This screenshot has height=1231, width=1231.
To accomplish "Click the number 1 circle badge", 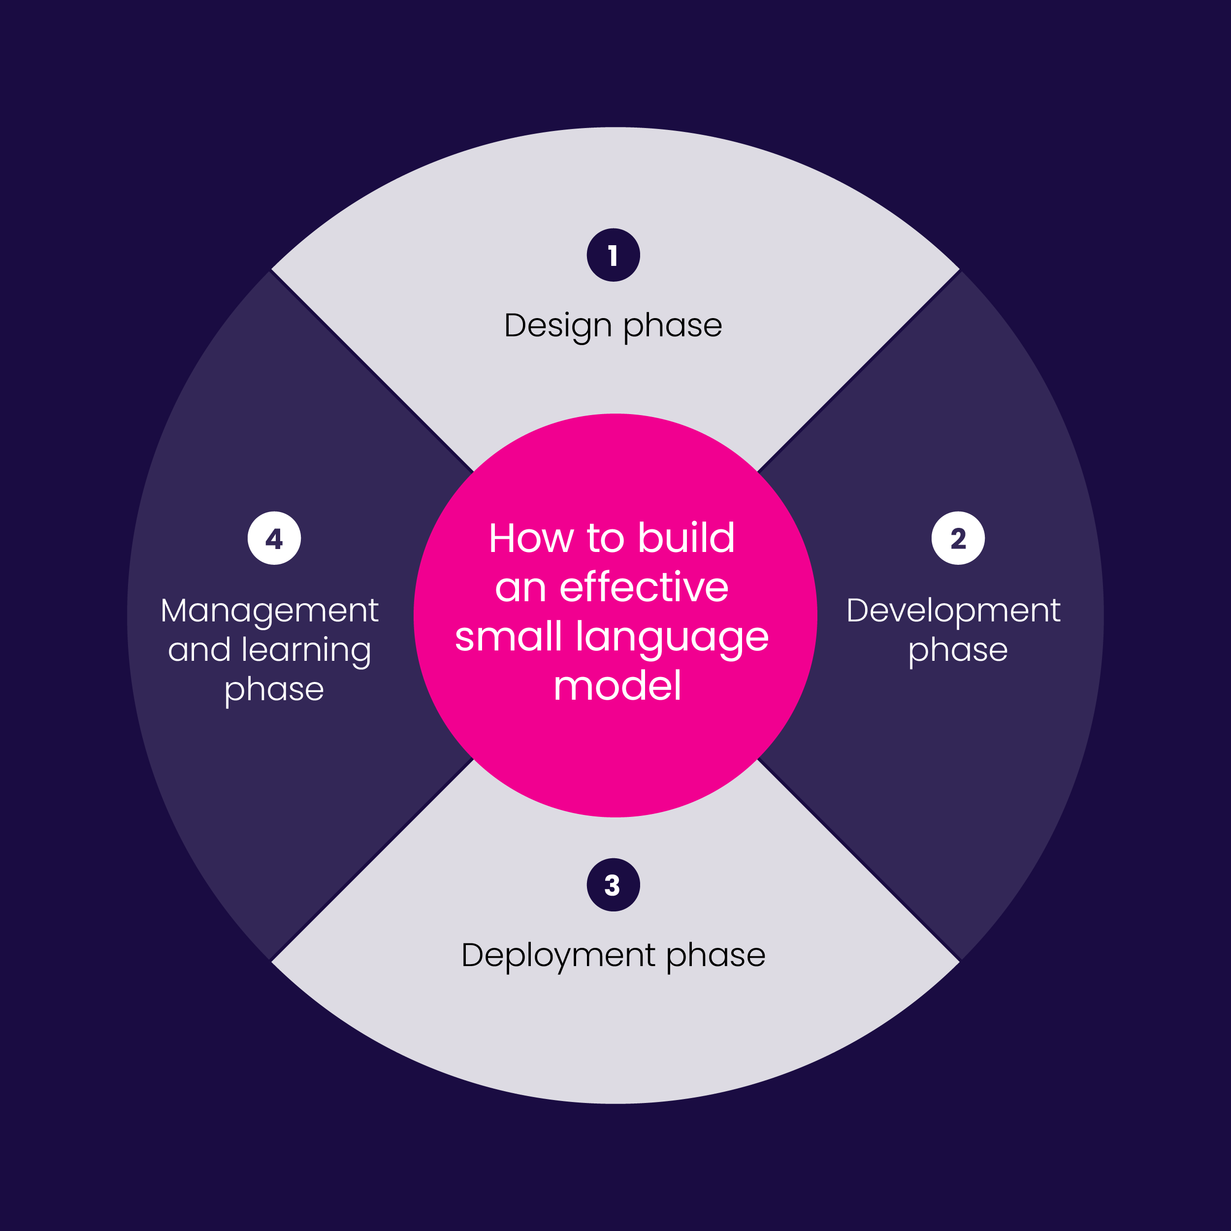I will coord(613,255).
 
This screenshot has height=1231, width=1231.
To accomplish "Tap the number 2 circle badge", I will coord(958,538).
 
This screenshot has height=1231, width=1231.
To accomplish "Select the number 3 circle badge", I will coord(613,885).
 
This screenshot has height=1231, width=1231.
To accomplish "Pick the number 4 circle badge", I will coord(274,538).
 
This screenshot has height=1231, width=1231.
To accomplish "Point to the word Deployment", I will coord(558,956).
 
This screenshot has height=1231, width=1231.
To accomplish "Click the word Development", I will coord(953,611).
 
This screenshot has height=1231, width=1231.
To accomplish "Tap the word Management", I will coord(269,611).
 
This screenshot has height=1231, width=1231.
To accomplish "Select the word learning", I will coord(306,651).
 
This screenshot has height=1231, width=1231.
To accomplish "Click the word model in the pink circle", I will coord(617,686).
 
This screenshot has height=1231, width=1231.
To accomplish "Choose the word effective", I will coord(644,587).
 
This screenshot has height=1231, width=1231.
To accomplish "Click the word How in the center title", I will coord(530,538).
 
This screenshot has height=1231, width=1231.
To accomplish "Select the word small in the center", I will coord(509,637).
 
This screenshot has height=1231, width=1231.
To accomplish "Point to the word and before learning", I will coord(199,650).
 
